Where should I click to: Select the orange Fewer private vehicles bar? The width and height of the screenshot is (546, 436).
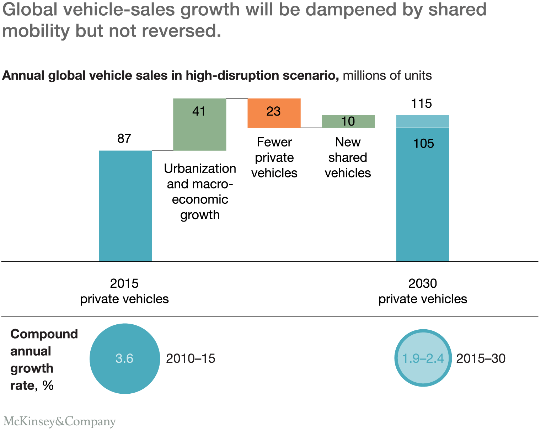tap(274, 113)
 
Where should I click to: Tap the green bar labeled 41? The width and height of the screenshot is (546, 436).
tap(199, 124)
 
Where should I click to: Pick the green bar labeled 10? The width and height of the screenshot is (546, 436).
tap(348, 121)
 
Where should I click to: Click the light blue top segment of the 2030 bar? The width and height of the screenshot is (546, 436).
tap(423, 121)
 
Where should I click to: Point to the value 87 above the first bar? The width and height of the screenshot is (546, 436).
tap(124, 138)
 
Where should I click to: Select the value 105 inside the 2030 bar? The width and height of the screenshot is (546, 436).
tap(423, 143)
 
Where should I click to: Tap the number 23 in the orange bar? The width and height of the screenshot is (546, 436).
tap(273, 111)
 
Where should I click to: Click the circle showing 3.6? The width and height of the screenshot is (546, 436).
tap(124, 358)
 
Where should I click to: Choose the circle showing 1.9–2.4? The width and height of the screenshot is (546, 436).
tap(423, 358)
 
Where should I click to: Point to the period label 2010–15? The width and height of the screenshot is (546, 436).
tap(191, 358)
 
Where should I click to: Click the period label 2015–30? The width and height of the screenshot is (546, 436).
tap(481, 358)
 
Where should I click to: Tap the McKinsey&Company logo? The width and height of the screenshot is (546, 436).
tap(59, 421)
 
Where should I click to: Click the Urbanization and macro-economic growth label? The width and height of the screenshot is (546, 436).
tap(200, 191)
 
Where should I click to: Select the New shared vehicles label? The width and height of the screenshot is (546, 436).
tap(348, 157)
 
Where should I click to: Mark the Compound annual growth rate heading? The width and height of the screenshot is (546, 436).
tap(44, 360)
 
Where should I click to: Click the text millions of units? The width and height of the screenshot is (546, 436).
tap(387, 75)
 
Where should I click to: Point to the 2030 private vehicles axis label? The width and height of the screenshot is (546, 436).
tap(422, 291)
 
